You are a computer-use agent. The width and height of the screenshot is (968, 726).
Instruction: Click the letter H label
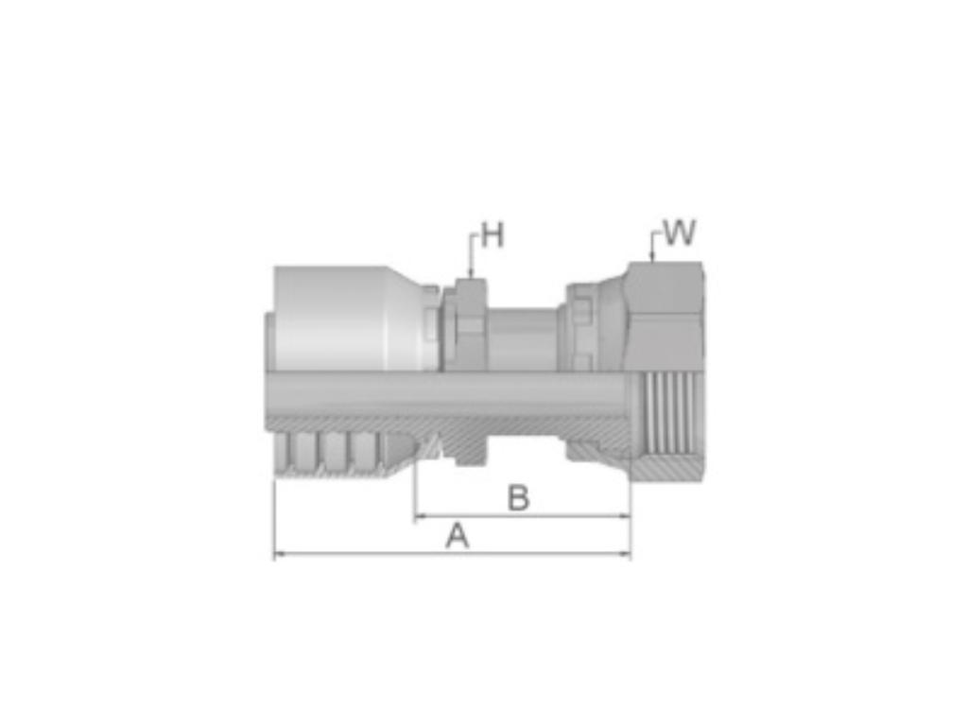coord(493,235)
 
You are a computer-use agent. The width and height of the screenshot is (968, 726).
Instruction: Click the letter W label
coord(679,233)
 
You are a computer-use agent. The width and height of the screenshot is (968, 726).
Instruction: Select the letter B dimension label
coord(519,498)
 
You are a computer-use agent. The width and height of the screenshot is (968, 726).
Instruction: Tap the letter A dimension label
coord(458,536)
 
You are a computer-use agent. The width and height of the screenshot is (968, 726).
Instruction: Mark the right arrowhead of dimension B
coord(624,515)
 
